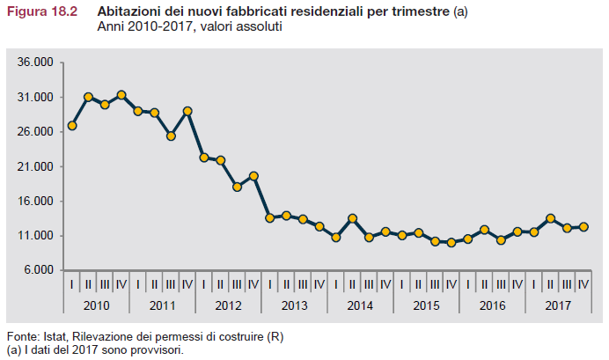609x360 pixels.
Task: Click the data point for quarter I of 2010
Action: [x=72, y=126]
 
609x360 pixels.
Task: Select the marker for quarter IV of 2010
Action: [x=121, y=95]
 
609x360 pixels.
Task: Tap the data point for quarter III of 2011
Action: [x=171, y=136]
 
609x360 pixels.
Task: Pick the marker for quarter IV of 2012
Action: [x=253, y=176]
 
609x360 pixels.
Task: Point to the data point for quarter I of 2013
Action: [x=270, y=217]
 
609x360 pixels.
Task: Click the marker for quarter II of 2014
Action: [x=352, y=218]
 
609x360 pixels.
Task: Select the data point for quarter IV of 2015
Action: [x=451, y=242]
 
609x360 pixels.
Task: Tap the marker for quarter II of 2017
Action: [x=550, y=218]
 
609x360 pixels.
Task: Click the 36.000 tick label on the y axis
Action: [x=36, y=62]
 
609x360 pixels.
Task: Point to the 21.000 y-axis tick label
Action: [x=36, y=166]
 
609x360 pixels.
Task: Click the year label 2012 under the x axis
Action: [x=229, y=305]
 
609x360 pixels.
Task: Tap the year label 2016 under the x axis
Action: [x=493, y=305]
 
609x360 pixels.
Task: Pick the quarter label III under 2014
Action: [x=369, y=284]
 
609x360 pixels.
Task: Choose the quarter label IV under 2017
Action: [x=583, y=284]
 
